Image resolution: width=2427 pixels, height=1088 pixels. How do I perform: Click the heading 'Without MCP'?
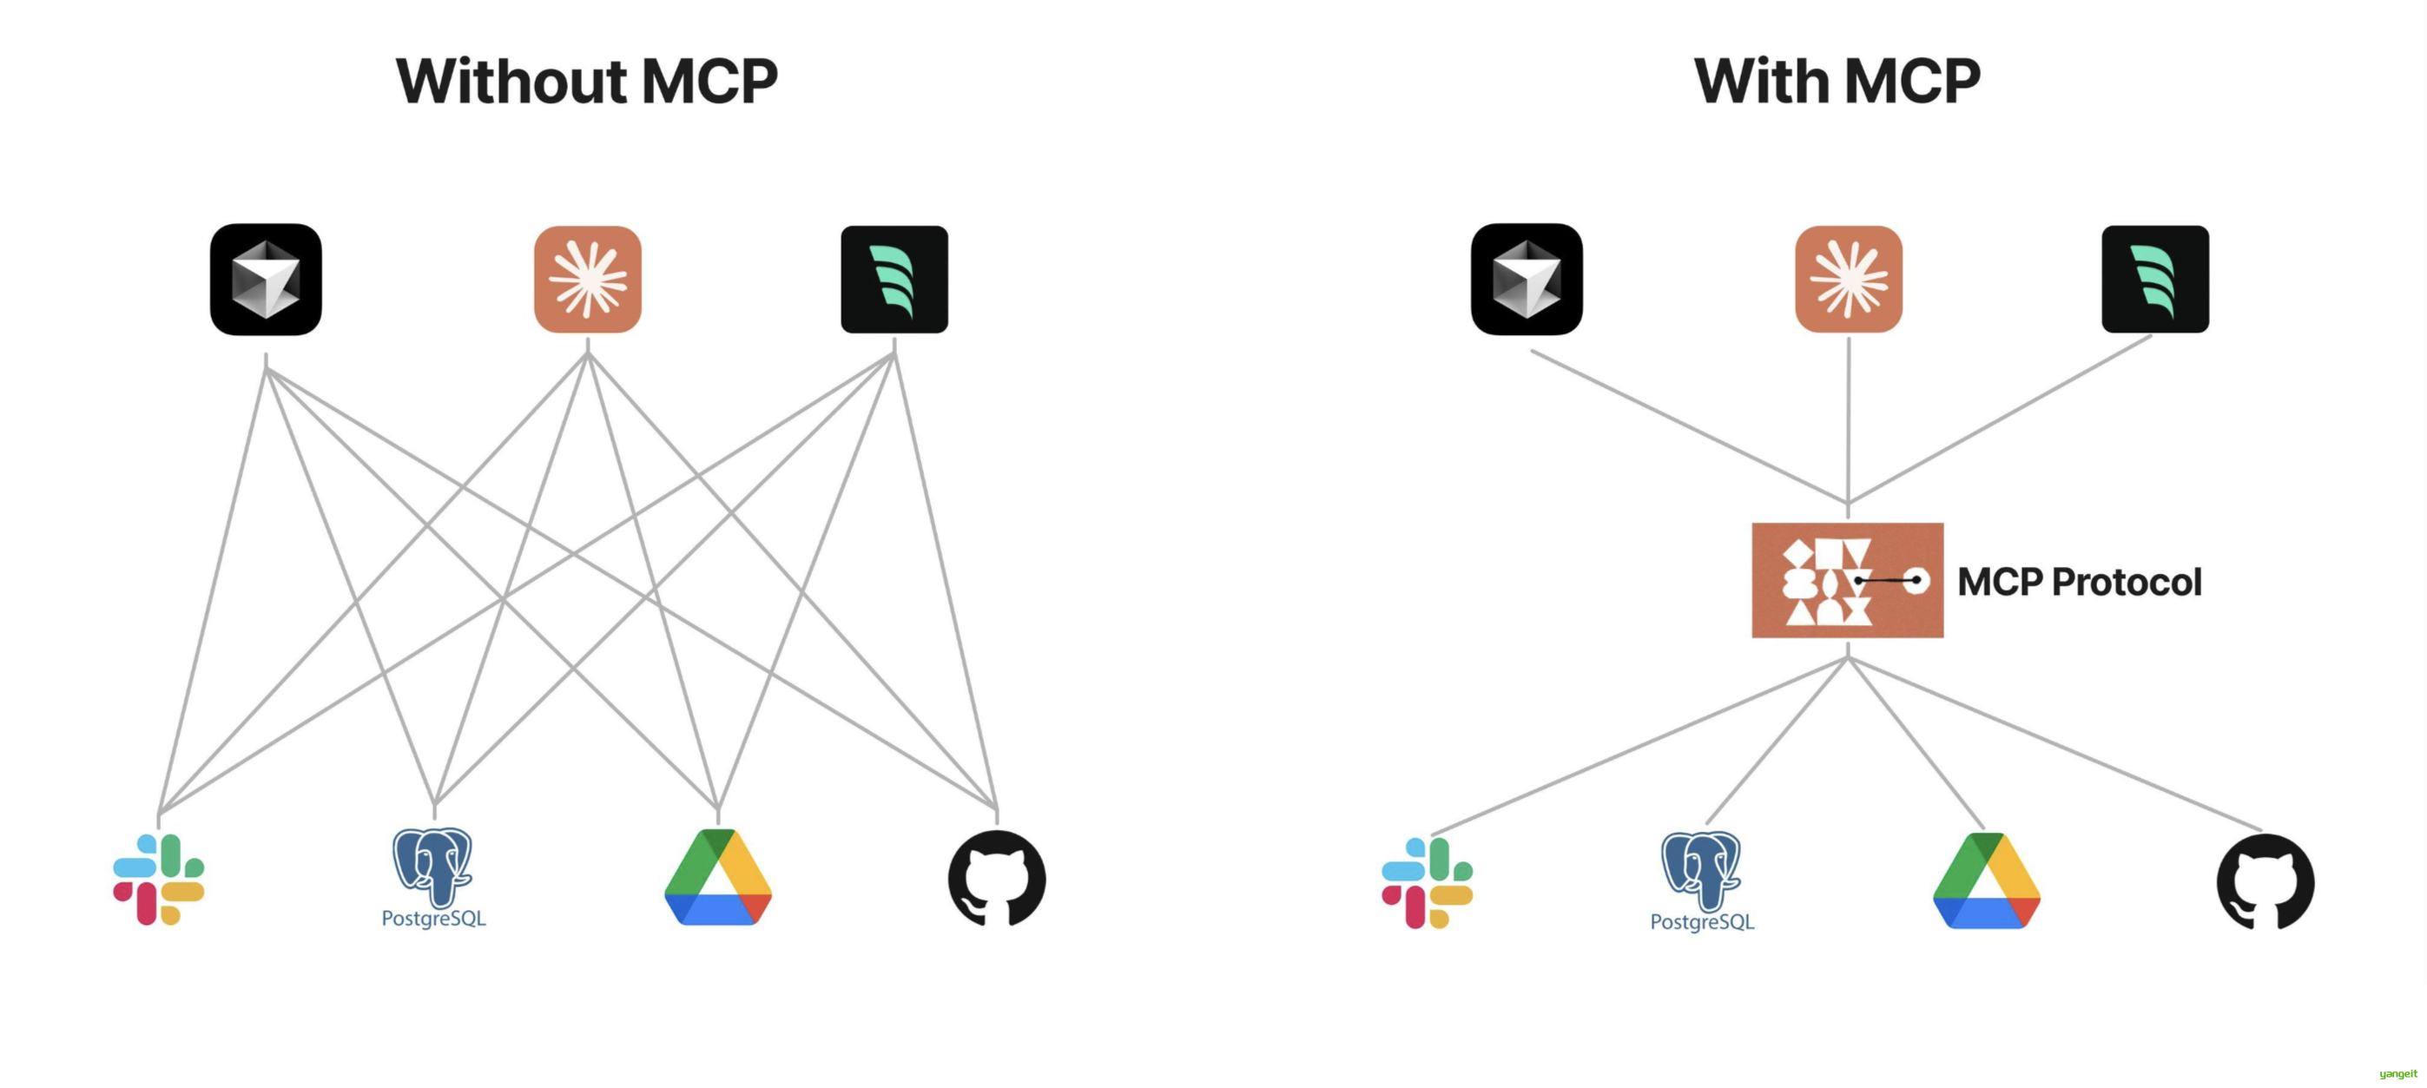point(586,81)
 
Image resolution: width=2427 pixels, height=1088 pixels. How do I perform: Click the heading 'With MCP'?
point(1837,81)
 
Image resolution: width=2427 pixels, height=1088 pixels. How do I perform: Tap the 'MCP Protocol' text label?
point(2080,581)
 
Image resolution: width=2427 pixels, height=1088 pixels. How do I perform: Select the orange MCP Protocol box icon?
point(1847,580)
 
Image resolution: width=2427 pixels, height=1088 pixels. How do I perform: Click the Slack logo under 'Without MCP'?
point(158,879)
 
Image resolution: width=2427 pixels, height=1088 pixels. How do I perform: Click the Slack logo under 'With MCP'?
point(1427,883)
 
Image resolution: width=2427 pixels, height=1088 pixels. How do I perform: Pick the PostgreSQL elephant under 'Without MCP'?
point(432,866)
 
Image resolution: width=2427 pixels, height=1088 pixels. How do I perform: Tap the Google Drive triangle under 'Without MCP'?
point(718,878)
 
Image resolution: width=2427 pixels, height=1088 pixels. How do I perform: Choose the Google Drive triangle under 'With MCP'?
point(1986,881)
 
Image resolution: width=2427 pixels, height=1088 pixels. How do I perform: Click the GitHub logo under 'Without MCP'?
point(997,878)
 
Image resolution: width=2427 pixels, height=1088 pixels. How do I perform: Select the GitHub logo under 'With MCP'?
point(2265,881)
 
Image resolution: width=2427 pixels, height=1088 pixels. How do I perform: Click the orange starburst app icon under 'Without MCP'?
point(588,279)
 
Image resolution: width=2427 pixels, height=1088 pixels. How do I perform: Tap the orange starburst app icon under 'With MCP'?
point(1849,279)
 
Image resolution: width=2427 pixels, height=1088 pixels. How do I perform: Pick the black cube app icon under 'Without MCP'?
point(266,279)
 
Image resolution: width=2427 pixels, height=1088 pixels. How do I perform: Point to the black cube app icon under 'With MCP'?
point(1527,279)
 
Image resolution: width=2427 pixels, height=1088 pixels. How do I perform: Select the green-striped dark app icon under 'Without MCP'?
point(894,279)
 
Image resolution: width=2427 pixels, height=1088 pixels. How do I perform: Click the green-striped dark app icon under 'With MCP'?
point(2154,279)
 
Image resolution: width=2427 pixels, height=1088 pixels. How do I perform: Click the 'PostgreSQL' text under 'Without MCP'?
point(433,919)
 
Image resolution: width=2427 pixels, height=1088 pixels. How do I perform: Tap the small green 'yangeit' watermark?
point(2397,1074)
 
